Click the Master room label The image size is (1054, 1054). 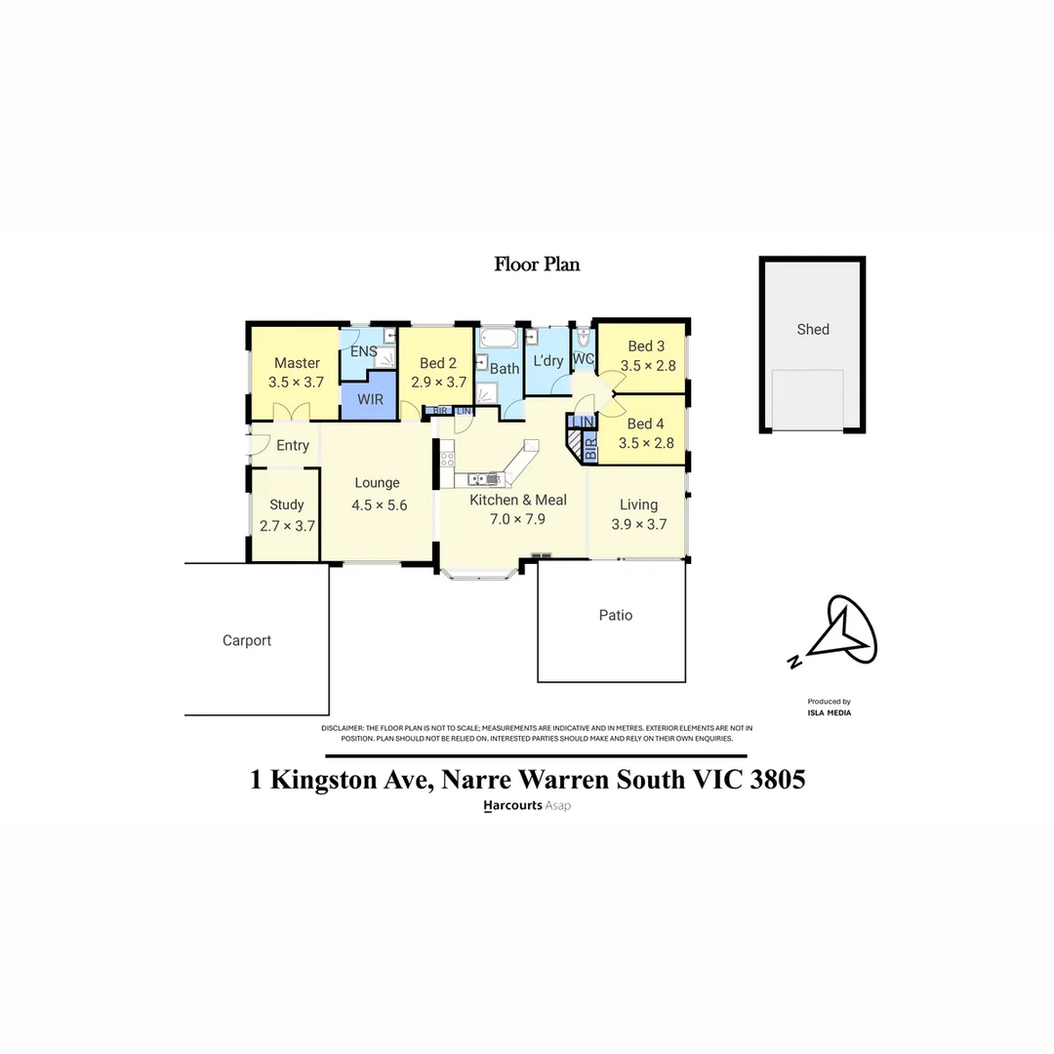(x=297, y=363)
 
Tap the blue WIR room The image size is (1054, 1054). (x=370, y=400)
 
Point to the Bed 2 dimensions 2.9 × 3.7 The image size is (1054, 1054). (x=438, y=383)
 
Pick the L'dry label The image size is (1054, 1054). (x=547, y=361)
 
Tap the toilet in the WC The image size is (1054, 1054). (x=584, y=340)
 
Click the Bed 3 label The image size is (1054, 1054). (x=646, y=346)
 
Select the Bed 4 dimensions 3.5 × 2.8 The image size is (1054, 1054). (x=646, y=443)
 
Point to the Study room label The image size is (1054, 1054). (x=287, y=505)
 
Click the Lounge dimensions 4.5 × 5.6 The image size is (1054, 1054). (x=379, y=506)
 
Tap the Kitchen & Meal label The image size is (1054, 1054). (x=518, y=500)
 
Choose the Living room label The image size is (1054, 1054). (x=639, y=505)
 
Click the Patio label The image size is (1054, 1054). (x=616, y=615)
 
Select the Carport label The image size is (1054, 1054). (x=247, y=640)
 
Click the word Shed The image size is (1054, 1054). (x=813, y=329)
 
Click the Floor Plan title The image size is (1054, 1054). (x=538, y=263)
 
